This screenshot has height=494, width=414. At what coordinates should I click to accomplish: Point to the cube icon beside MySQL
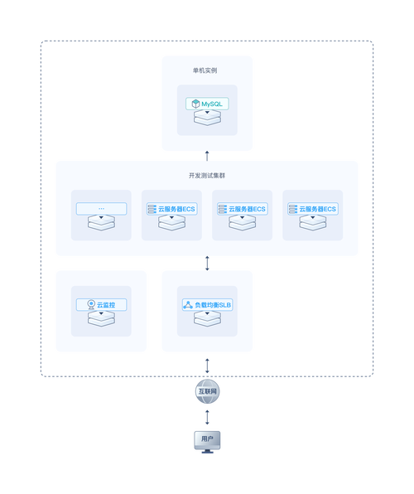coord(195,104)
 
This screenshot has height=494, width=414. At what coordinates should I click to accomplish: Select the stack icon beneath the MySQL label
coord(207,119)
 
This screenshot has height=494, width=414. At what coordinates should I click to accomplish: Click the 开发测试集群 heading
coord(207,176)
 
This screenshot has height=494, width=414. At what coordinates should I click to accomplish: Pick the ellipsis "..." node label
coord(101,208)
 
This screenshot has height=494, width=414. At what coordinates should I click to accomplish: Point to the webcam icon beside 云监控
coord(90,305)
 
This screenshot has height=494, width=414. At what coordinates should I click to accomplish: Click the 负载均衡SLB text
coord(214,305)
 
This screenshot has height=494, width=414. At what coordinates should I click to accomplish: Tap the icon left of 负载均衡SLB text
coord(188,305)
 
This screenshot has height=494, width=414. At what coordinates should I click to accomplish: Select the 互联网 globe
coord(207,390)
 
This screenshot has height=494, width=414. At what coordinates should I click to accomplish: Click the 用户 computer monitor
coord(207,440)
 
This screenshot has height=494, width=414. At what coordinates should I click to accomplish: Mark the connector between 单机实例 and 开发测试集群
coord(207,155)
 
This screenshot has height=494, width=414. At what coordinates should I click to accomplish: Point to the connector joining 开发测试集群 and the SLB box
coord(207,263)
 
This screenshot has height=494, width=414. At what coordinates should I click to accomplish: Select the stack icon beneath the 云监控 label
coord(101,320)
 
